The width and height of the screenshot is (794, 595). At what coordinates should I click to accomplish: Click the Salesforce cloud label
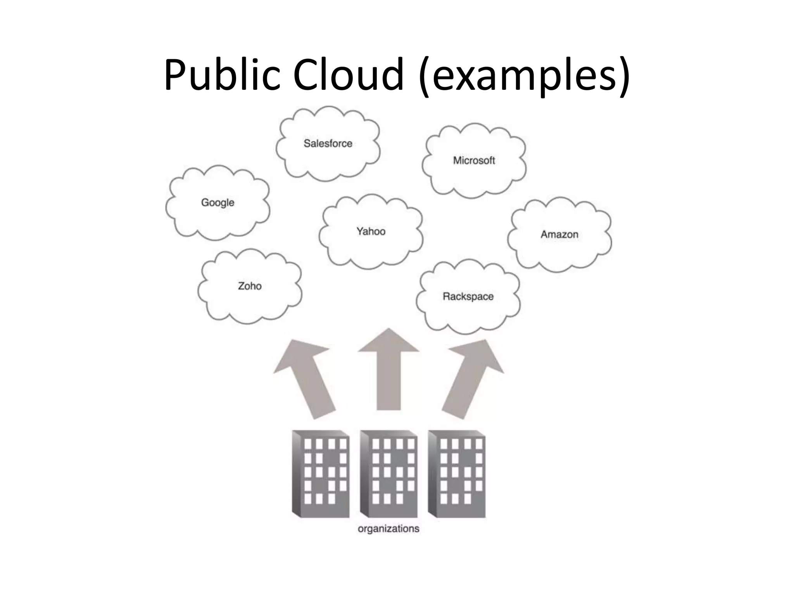pos(328,143)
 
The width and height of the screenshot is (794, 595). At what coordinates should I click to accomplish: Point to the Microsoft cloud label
pos(474,160)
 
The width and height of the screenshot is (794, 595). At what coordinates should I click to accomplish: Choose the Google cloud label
pos(217,202)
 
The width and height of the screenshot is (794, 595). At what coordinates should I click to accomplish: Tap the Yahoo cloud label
pos(371,231)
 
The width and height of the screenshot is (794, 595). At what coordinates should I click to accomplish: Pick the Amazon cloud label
pos(559,234)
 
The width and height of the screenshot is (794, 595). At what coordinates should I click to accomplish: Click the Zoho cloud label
pos(250,286)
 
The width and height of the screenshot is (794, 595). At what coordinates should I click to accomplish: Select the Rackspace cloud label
pos(468,296)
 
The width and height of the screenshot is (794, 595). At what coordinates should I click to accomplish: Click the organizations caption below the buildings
pos(388,529)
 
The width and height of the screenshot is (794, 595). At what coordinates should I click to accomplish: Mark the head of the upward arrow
pos(388,343)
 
